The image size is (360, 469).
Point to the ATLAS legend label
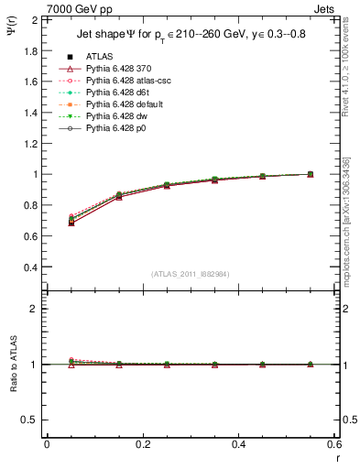click(99, 57)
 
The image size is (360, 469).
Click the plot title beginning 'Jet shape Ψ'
click(189, 35)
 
